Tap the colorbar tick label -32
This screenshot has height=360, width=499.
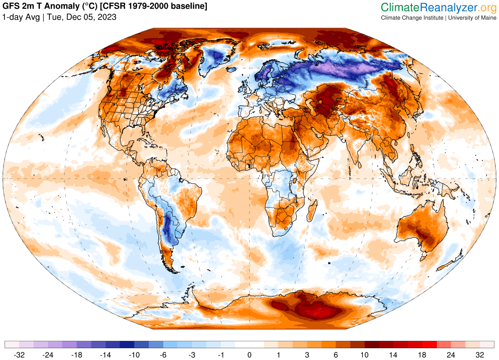tap(19, 355)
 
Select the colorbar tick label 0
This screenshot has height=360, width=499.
tap(249, 355)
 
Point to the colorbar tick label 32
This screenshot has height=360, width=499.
tap(479, 355)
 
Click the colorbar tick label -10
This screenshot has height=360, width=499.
tap(134, 355)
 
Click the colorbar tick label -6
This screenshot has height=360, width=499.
tap(163, 355)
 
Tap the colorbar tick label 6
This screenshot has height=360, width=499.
tap(336, 355)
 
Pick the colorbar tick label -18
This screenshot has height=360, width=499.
tap(77, 355)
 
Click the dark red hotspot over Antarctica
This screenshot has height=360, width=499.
tap(313, 308)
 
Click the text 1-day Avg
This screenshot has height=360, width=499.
tap(21, 17)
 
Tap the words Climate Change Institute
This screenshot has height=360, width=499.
tap(412, 18)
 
